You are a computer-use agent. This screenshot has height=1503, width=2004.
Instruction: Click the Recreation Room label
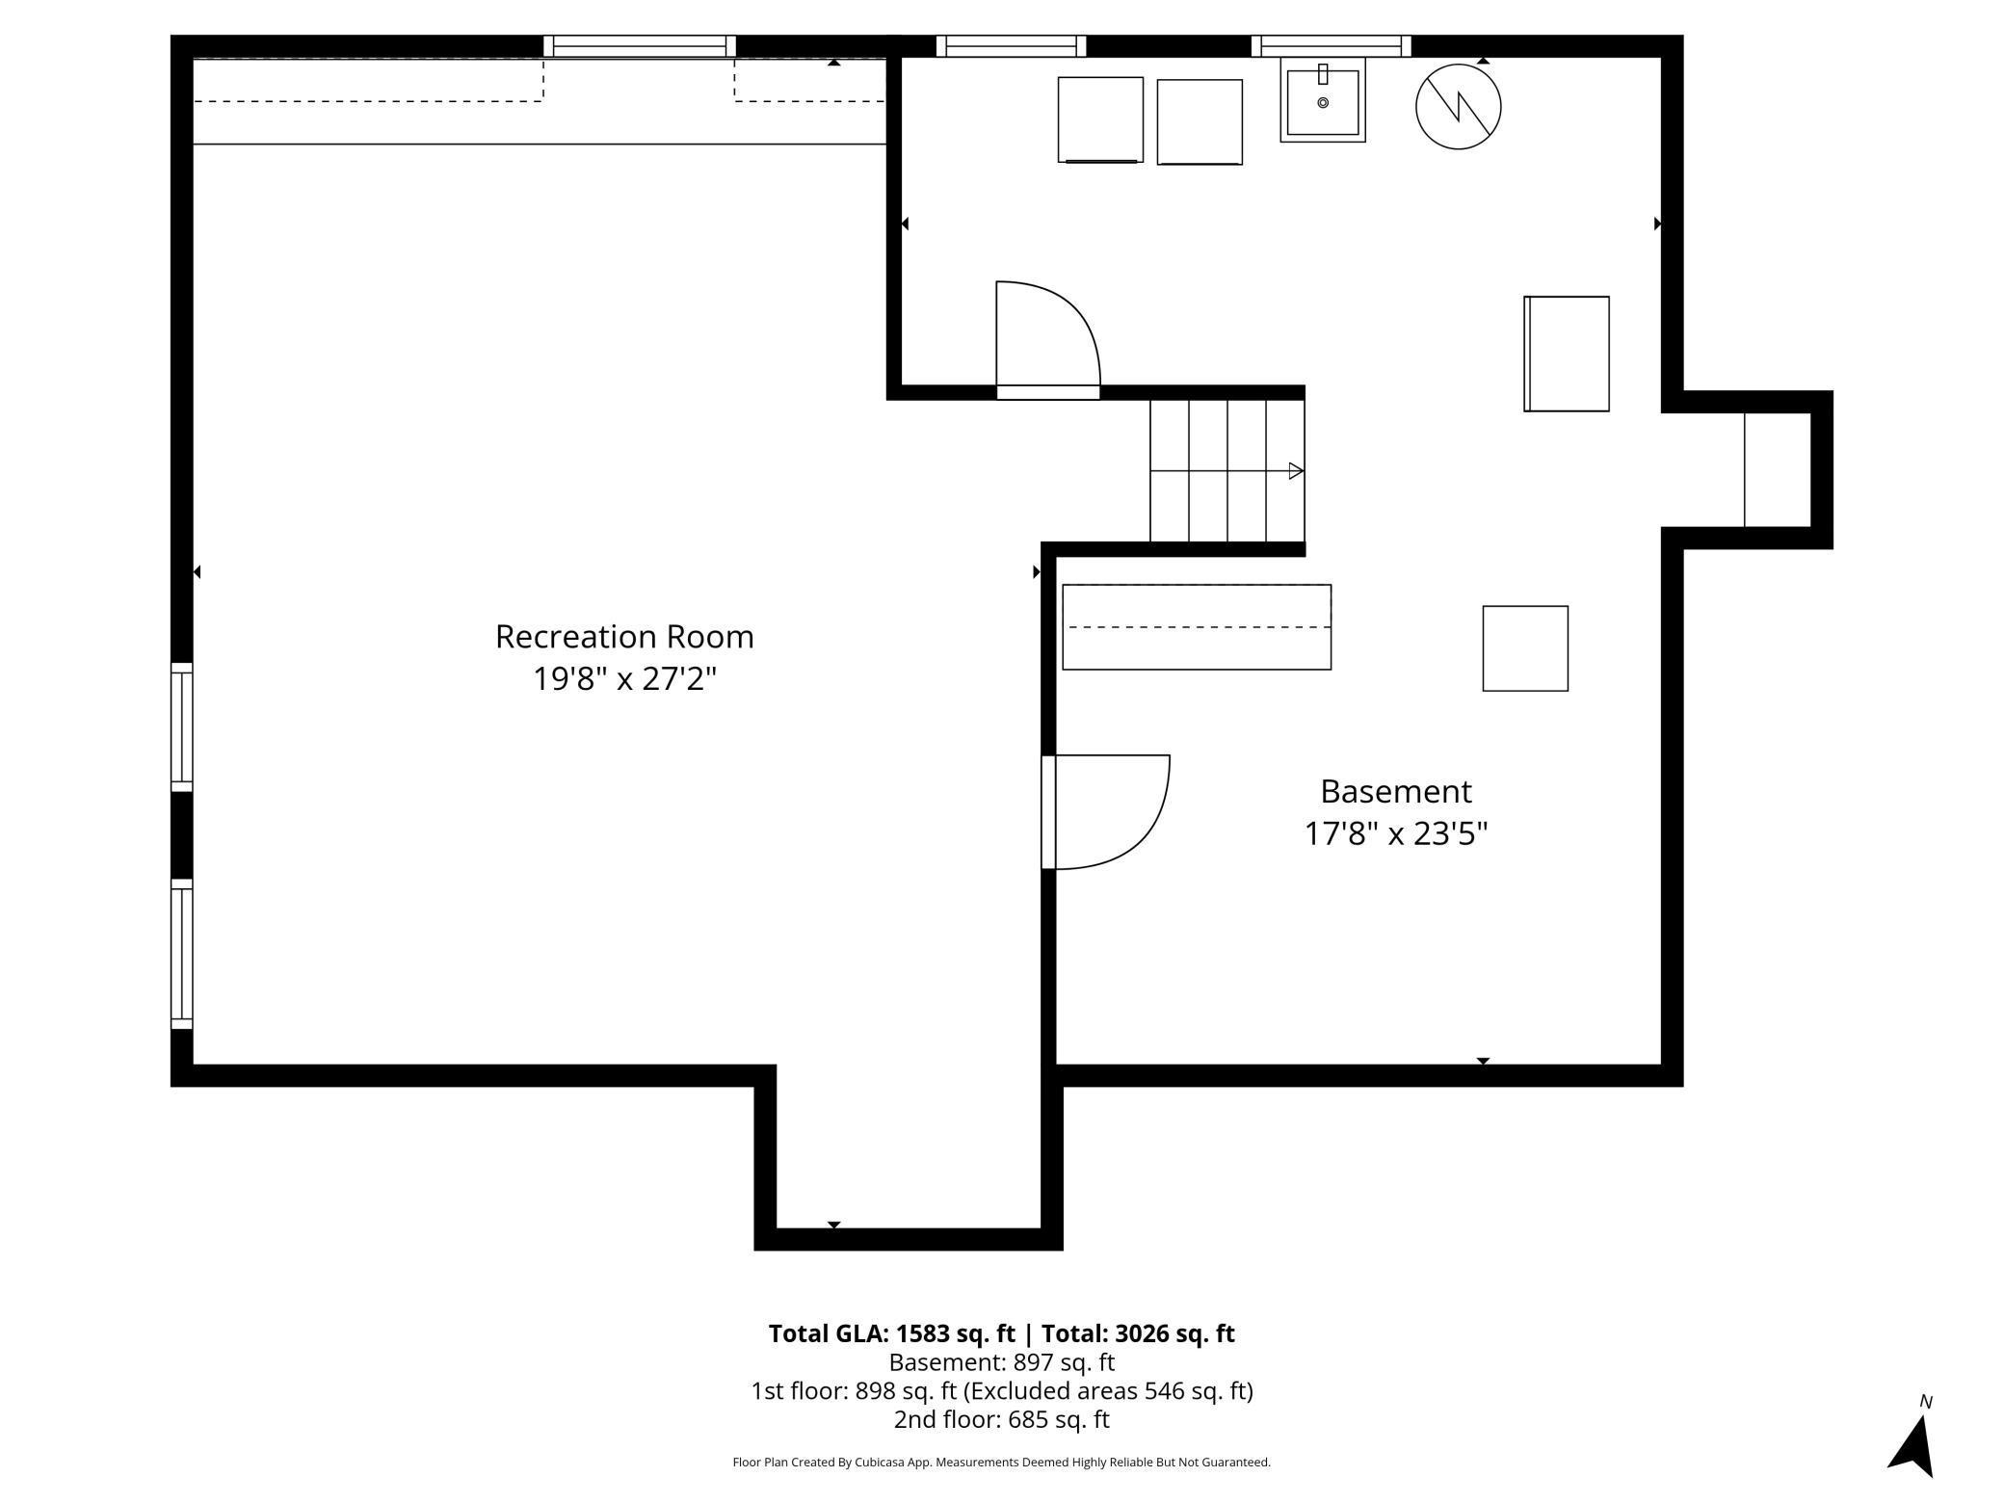point(624,637)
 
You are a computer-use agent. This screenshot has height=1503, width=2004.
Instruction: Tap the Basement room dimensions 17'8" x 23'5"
point(1396,833)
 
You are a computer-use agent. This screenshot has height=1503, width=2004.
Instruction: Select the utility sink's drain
point(1323,102)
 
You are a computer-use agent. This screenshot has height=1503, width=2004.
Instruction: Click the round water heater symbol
point(1458,106)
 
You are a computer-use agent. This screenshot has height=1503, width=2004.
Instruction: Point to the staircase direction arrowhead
point(1296,471)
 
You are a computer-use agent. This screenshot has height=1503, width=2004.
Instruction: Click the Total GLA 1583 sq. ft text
point(891,1333)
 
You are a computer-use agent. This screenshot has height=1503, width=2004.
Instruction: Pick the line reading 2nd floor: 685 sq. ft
point(1001,1419)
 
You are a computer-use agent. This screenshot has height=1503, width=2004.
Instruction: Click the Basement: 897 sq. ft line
point(1001,1362)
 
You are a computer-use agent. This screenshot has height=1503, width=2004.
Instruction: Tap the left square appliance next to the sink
point(1100,119)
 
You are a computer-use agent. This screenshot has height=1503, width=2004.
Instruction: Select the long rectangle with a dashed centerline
point(1197,627)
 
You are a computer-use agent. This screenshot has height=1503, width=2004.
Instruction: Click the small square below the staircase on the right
point(1525,648)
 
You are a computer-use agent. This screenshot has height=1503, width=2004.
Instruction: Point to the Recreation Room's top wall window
point(640,46)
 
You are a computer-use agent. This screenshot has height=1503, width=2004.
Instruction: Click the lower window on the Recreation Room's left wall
point(181,954)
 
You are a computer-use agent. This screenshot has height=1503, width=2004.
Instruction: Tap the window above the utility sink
point(1331,46)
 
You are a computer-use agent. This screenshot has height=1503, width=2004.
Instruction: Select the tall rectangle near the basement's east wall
point(1567,354)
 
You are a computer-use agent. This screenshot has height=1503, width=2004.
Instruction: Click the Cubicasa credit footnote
point(1001,1463)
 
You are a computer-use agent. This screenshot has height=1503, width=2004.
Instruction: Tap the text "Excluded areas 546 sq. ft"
point(1108,1391)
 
